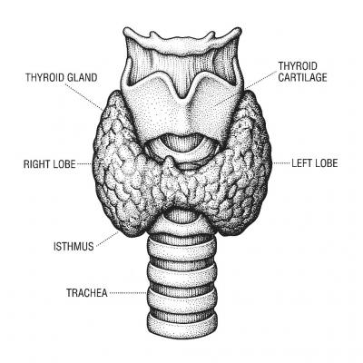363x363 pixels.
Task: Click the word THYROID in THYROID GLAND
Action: pos(44,77)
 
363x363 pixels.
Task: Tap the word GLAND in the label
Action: pos(83,77)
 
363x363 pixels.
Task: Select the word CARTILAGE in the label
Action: pos(302,77)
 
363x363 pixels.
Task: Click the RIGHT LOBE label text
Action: pos(50,164)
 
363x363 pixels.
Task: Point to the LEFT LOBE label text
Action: pos(315,163)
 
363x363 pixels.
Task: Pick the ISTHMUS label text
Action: pos(74,246)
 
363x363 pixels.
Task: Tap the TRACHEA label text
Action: pos(87,293)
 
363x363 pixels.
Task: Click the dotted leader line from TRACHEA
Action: pos(128,293)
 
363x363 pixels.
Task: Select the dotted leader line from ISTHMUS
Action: pos(107,239)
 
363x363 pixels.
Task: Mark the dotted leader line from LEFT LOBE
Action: pos(281,163)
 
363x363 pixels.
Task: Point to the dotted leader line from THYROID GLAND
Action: pos(84,97)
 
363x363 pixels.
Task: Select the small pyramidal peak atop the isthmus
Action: pos(171,162)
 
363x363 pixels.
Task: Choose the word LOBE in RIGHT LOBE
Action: pos(63,164)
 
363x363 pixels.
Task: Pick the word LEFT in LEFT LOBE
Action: pos(301,163)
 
